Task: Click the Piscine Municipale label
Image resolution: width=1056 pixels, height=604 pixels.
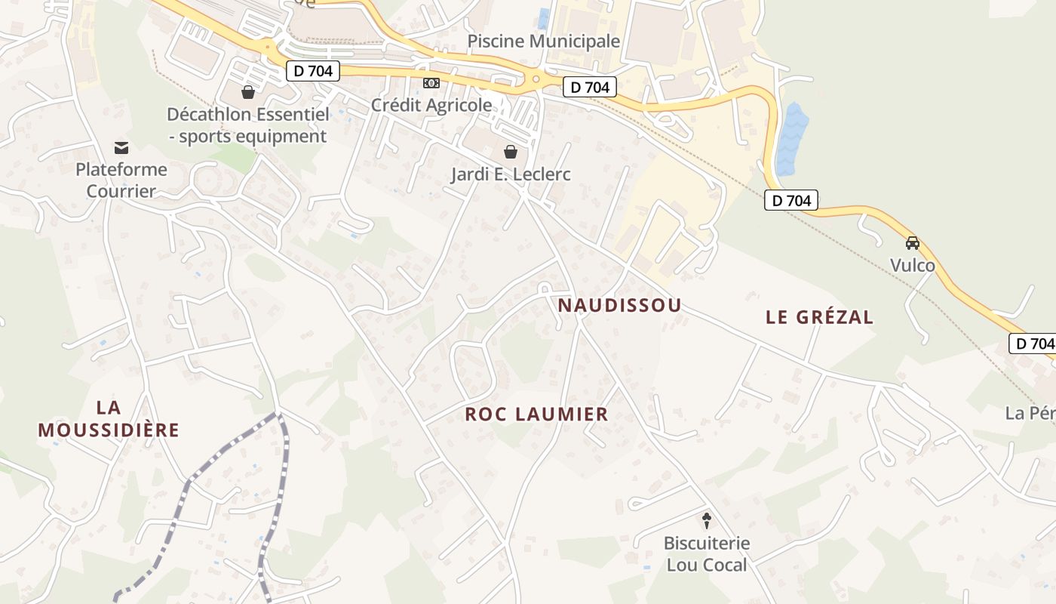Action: coord(543,41)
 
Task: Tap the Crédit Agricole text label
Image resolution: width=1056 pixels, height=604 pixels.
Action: coord(431,105)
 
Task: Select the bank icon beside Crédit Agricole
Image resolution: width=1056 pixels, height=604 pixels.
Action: coord(431,82)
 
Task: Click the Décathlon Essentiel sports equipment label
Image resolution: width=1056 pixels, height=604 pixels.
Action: coord(248,125)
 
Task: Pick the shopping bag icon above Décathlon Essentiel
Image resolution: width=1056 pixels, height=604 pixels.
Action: coord(247,92)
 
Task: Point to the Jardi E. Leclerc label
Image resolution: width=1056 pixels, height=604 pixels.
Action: coord(511,174)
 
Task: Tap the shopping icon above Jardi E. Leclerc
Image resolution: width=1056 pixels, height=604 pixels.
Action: coord(511,152)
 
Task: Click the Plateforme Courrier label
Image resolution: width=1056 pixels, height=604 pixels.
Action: coord(121,180)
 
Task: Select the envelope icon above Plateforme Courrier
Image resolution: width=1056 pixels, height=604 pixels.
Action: coord(121,147)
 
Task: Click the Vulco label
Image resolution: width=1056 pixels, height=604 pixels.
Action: coord(913,265)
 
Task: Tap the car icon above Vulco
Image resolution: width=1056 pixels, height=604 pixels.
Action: coord(913,243)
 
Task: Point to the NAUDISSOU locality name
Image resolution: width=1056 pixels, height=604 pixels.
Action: coord(620,305)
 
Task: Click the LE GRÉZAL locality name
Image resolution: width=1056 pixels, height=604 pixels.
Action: coord(819,317)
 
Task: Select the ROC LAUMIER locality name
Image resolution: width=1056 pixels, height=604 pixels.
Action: coord(536,414)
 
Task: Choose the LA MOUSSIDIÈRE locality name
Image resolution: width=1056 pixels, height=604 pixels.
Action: coord(109,419)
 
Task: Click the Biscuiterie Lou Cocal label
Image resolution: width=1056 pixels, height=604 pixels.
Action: coord(707,553)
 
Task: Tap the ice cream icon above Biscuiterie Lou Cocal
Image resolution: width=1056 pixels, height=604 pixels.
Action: coord(707,520)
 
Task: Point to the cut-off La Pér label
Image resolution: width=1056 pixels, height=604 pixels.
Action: coord(1030,413)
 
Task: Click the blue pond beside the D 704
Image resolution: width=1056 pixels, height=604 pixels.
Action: coord(791,139)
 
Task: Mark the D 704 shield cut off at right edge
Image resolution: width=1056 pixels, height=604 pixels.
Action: coord(1033,344)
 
